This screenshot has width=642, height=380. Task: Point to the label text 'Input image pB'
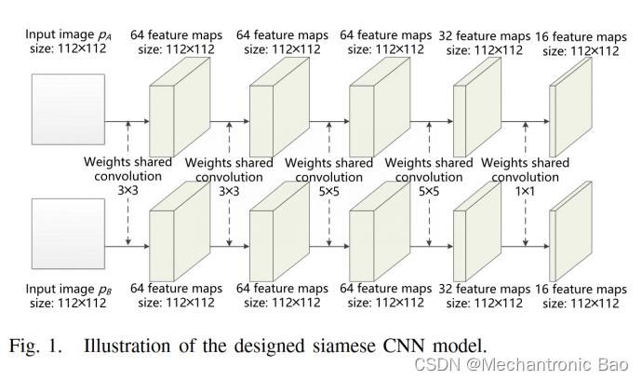tap(65, 289)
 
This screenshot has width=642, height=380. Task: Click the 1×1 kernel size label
tap(526, 190)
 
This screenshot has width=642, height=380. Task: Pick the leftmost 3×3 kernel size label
tap(127, 190)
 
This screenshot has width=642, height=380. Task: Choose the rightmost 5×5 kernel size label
tap(428, 190)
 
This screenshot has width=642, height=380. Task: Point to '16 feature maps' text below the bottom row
tap(582, 290)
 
